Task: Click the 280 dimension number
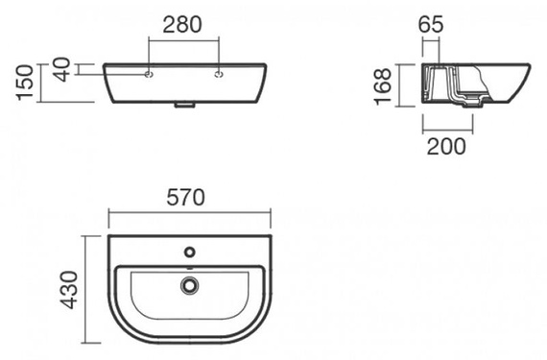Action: tap(182, 24)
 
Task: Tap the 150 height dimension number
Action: tap(25, 83)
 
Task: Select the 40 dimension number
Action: tap(62, 69)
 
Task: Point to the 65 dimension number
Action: tap(431, 24)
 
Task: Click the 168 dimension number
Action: tap(383, 86)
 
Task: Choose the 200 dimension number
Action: tap(446, 146)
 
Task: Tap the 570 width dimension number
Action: tap(185, 197)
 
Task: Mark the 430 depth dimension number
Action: tap(69, 290)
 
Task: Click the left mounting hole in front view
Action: tap(149, 74)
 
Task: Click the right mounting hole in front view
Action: tap(219, 74)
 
